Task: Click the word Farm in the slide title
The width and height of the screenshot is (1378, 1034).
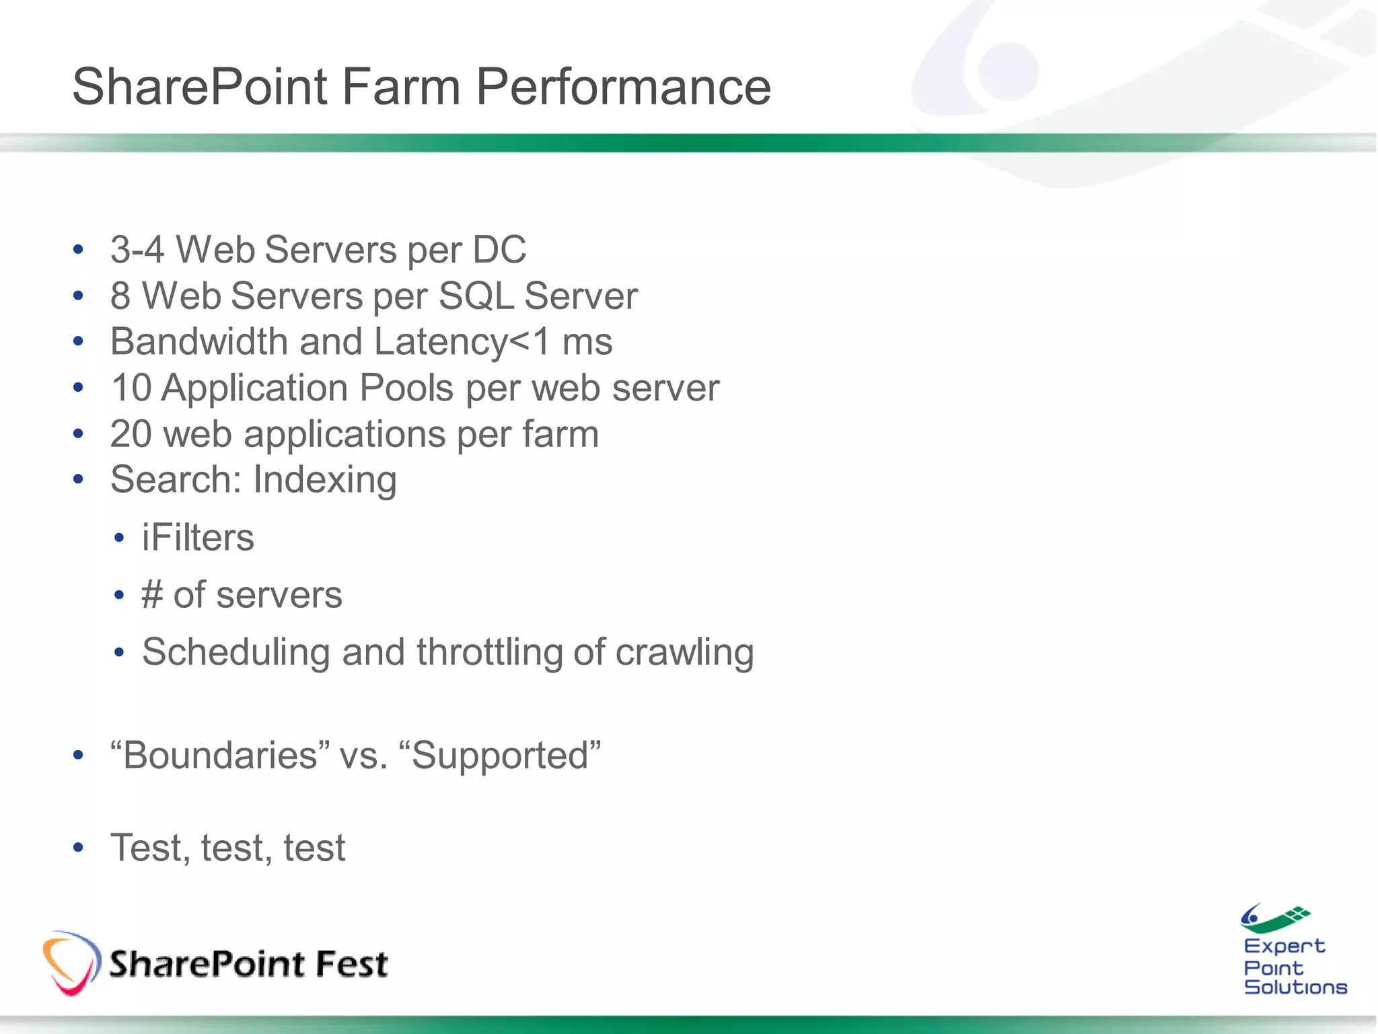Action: [x=401, y=88]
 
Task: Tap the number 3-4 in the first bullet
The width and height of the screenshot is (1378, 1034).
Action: [x=137, y=250]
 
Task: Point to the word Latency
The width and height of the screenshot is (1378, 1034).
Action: [x=441, y=342]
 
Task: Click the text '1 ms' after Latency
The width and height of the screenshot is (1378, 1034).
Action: [x=573, y=342]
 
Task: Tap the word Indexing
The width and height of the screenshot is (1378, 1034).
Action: [x=324, y=481]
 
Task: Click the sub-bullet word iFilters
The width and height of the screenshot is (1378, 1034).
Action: [x=198, y=538]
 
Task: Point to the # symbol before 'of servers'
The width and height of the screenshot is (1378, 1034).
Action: [x=152, y=595]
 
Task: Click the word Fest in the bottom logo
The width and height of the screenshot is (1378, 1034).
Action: [x=351, y=964]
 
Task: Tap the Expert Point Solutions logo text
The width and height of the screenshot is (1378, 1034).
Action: [x=1293, y=967]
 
